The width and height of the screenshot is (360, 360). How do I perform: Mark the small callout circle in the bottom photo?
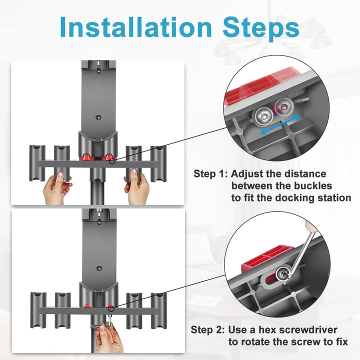click(x=110, y=306)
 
